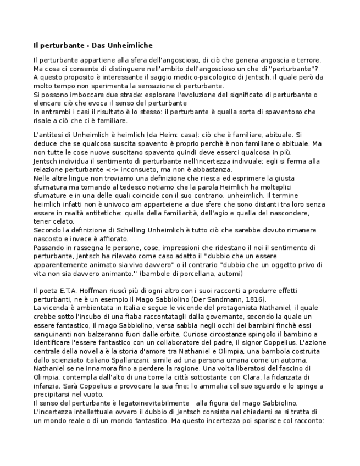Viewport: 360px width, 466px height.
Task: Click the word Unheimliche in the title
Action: (130, 45)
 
